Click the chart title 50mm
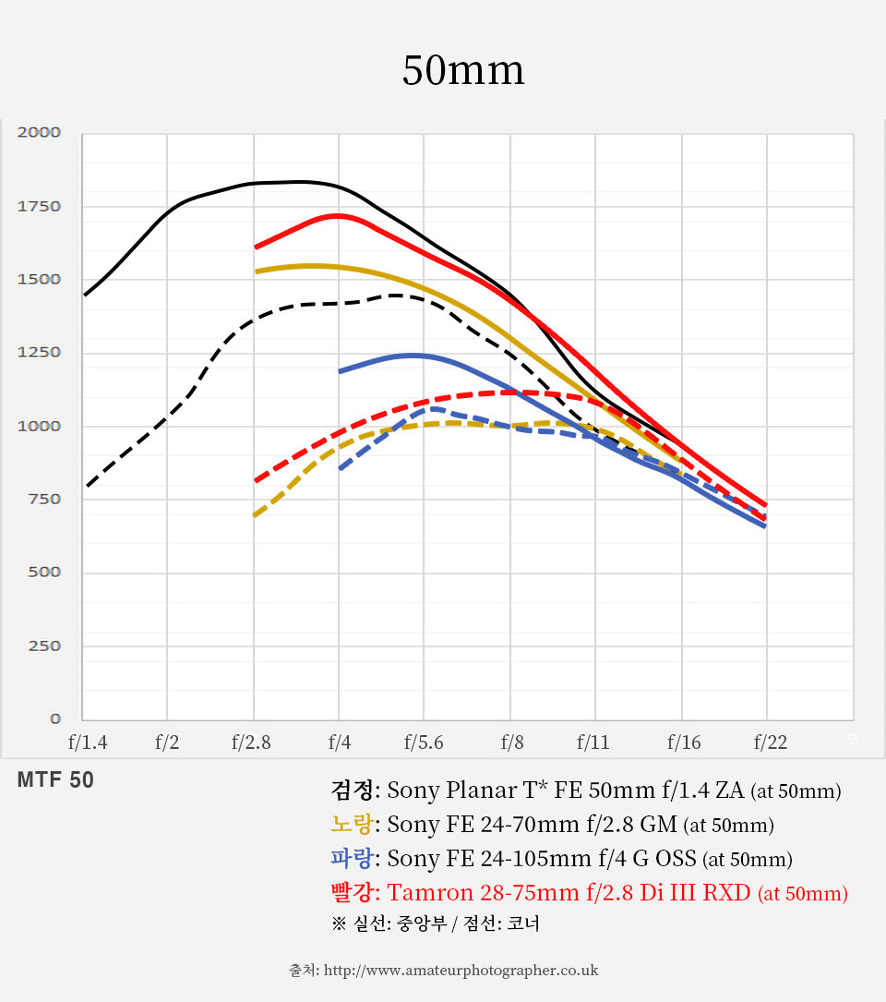[x=462, y=71]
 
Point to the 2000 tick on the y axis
[x=39, y=132]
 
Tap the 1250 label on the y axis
[x=39, y=352]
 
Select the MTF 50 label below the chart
[x=55, y=780]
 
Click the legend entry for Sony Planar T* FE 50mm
[x=585, y=791]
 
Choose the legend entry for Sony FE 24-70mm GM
[x=551, y=825]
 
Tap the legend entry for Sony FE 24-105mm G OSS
[x=560, y=859]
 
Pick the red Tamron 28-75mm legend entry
[x=588, y=893]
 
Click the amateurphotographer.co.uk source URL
[x=461, y=970]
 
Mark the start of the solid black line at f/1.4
[x=85, y=295]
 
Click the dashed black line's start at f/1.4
[x=86, y=486]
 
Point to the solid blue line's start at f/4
[x=340, y=371]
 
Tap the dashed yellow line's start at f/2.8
[x=255, y=515]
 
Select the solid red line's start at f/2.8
[x=256, y=247]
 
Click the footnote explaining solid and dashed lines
[x=435, y=924]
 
